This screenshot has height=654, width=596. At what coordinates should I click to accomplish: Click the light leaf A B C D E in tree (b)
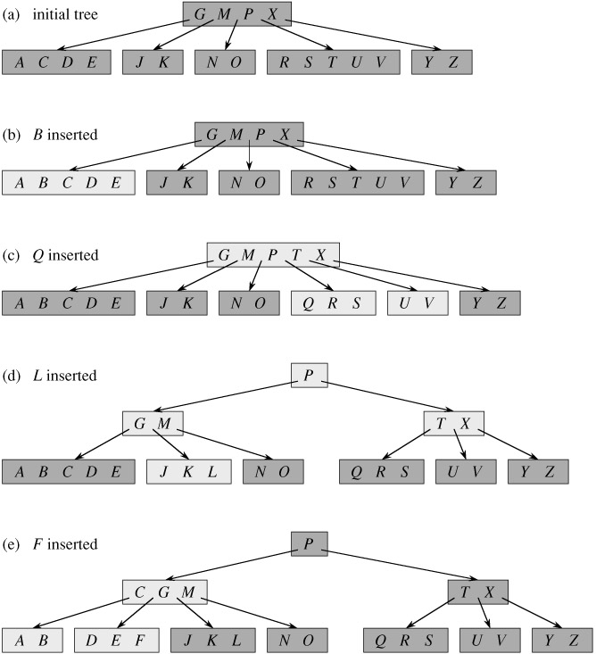click(x=68, y=182)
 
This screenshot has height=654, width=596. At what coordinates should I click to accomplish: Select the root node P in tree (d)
click(x=309, y=375)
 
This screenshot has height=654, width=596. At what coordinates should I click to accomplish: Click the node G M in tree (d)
click(x=153, y=423)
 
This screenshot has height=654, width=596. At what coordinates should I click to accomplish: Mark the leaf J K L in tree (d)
click(x=188, y=471)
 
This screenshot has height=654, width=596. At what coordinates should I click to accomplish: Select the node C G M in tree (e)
click(x=165, y=592)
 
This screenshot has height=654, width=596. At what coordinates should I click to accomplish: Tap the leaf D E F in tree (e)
click(x=116, y=640)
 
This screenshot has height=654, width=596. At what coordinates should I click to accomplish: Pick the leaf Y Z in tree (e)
click(x=561, y=640)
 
